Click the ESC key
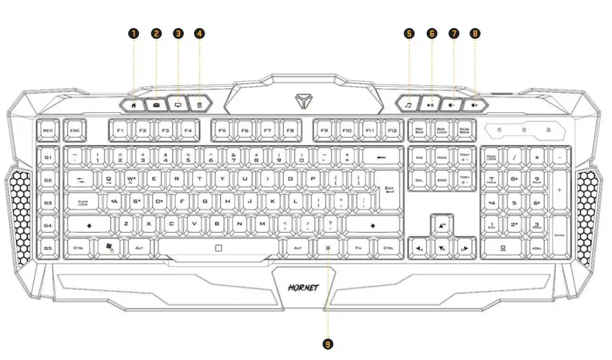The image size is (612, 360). [73, 129]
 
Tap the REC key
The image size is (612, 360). [48, 129]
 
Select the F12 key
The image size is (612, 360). [392, 129]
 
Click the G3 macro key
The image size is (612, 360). [48, 203]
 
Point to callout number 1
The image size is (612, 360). [134, 33]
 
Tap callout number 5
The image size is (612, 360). [409, 33]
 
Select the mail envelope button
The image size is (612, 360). [156, 105]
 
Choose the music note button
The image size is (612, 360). [409, 105]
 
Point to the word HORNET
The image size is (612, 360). [303, 288]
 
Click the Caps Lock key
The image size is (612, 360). [83, 203]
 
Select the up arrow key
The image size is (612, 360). [441, 224]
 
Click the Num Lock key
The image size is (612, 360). [492, 158]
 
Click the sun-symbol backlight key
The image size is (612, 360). [328, 248]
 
